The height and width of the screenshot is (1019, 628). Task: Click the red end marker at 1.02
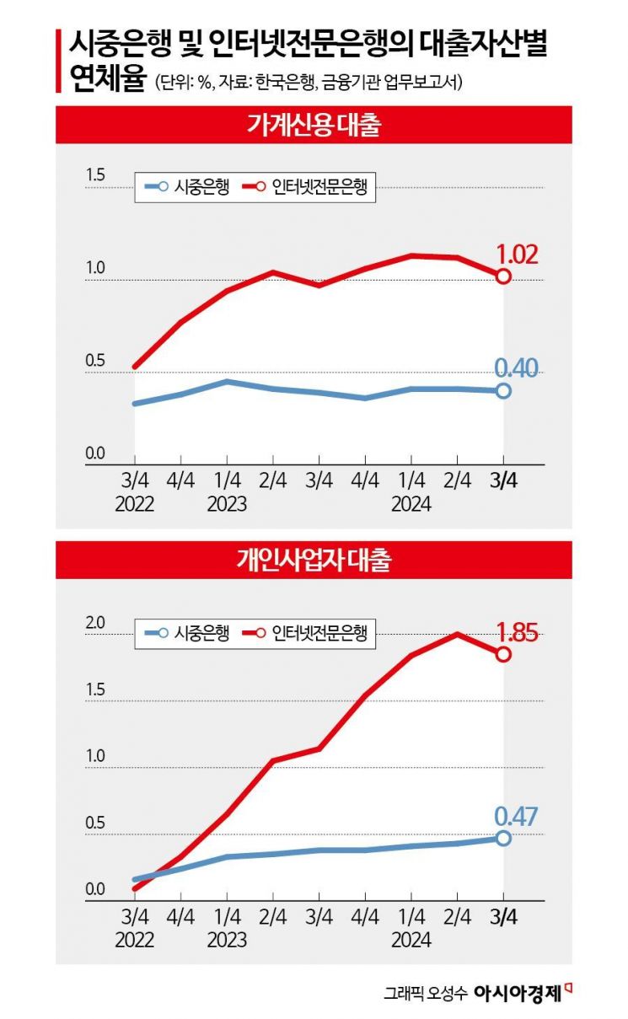(503, 276)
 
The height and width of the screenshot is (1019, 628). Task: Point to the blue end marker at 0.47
(503, 838)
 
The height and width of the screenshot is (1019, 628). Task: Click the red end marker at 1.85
(503, 654)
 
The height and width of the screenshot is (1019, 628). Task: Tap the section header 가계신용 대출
(314, 126)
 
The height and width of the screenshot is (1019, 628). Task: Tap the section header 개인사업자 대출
(314, 560)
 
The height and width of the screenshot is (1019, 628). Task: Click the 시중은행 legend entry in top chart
(185, 187)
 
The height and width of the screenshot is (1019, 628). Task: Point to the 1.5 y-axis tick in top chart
(94, 175)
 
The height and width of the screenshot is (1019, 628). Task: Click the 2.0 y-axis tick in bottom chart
(94, 624)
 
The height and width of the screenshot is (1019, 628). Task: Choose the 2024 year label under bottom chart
(411, 939)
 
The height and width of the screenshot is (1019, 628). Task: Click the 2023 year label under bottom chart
(226, 939)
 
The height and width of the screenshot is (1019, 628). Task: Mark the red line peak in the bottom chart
(457, 633)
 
